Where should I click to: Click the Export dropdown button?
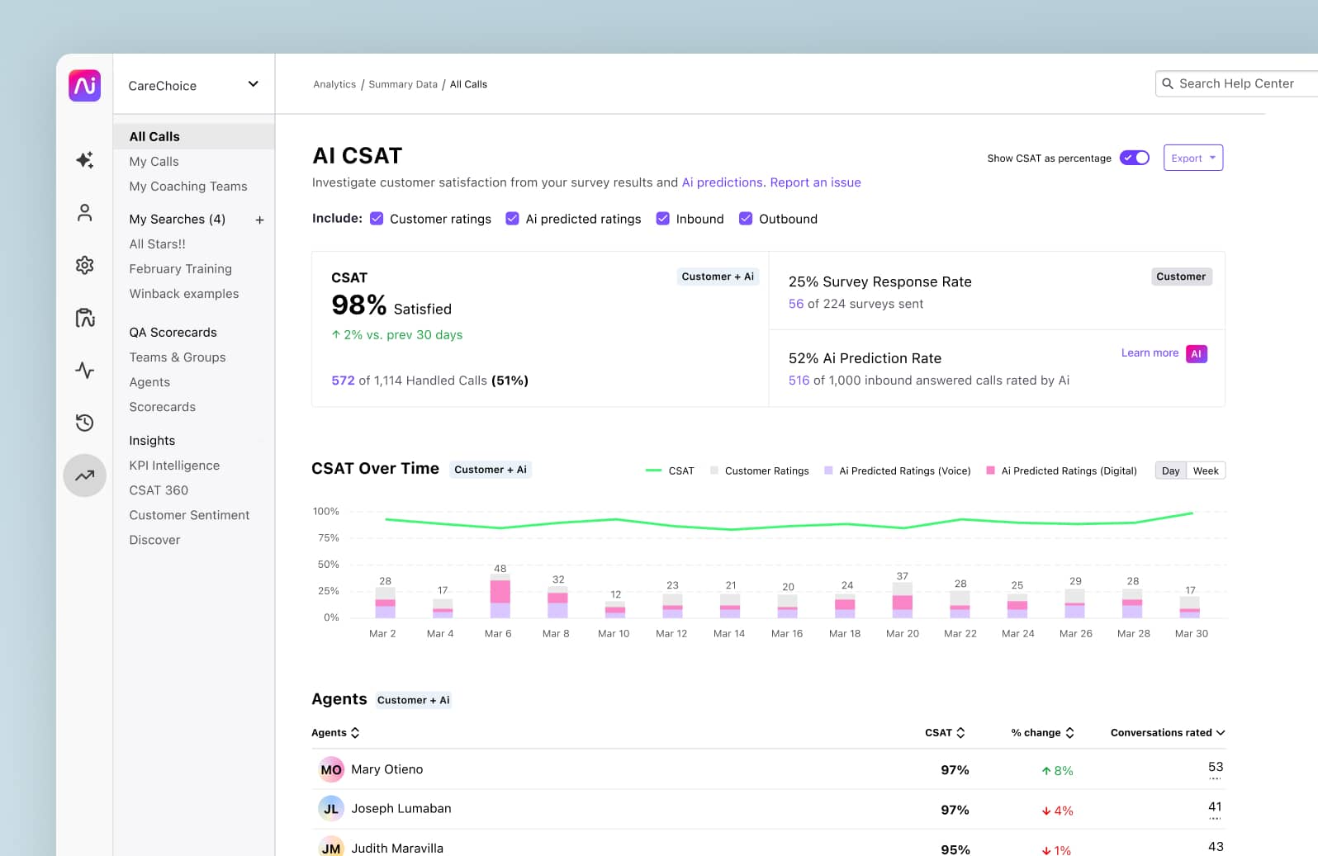pos(1192,158)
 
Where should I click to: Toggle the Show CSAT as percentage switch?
pos(1134,158)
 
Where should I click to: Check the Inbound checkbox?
pos(662,219)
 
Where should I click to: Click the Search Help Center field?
pos(1235,83)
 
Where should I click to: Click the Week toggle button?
pos(1205,471)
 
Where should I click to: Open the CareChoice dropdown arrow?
pos(253,84)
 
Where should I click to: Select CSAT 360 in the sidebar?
pos(159,490)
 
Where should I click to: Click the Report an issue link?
pos(815,182)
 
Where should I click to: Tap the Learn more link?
pos(1149,352)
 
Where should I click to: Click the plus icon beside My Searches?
pos(259,220)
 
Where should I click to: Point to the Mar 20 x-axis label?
pos(902,634)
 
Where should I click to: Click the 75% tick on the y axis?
pos(328,538)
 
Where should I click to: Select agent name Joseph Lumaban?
pos(401,809)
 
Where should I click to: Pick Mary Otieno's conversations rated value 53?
pos(1215,767)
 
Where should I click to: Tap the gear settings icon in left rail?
pos(84,265)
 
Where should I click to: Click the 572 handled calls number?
pos(343,381)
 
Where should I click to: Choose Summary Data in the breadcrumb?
pos(403,84)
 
